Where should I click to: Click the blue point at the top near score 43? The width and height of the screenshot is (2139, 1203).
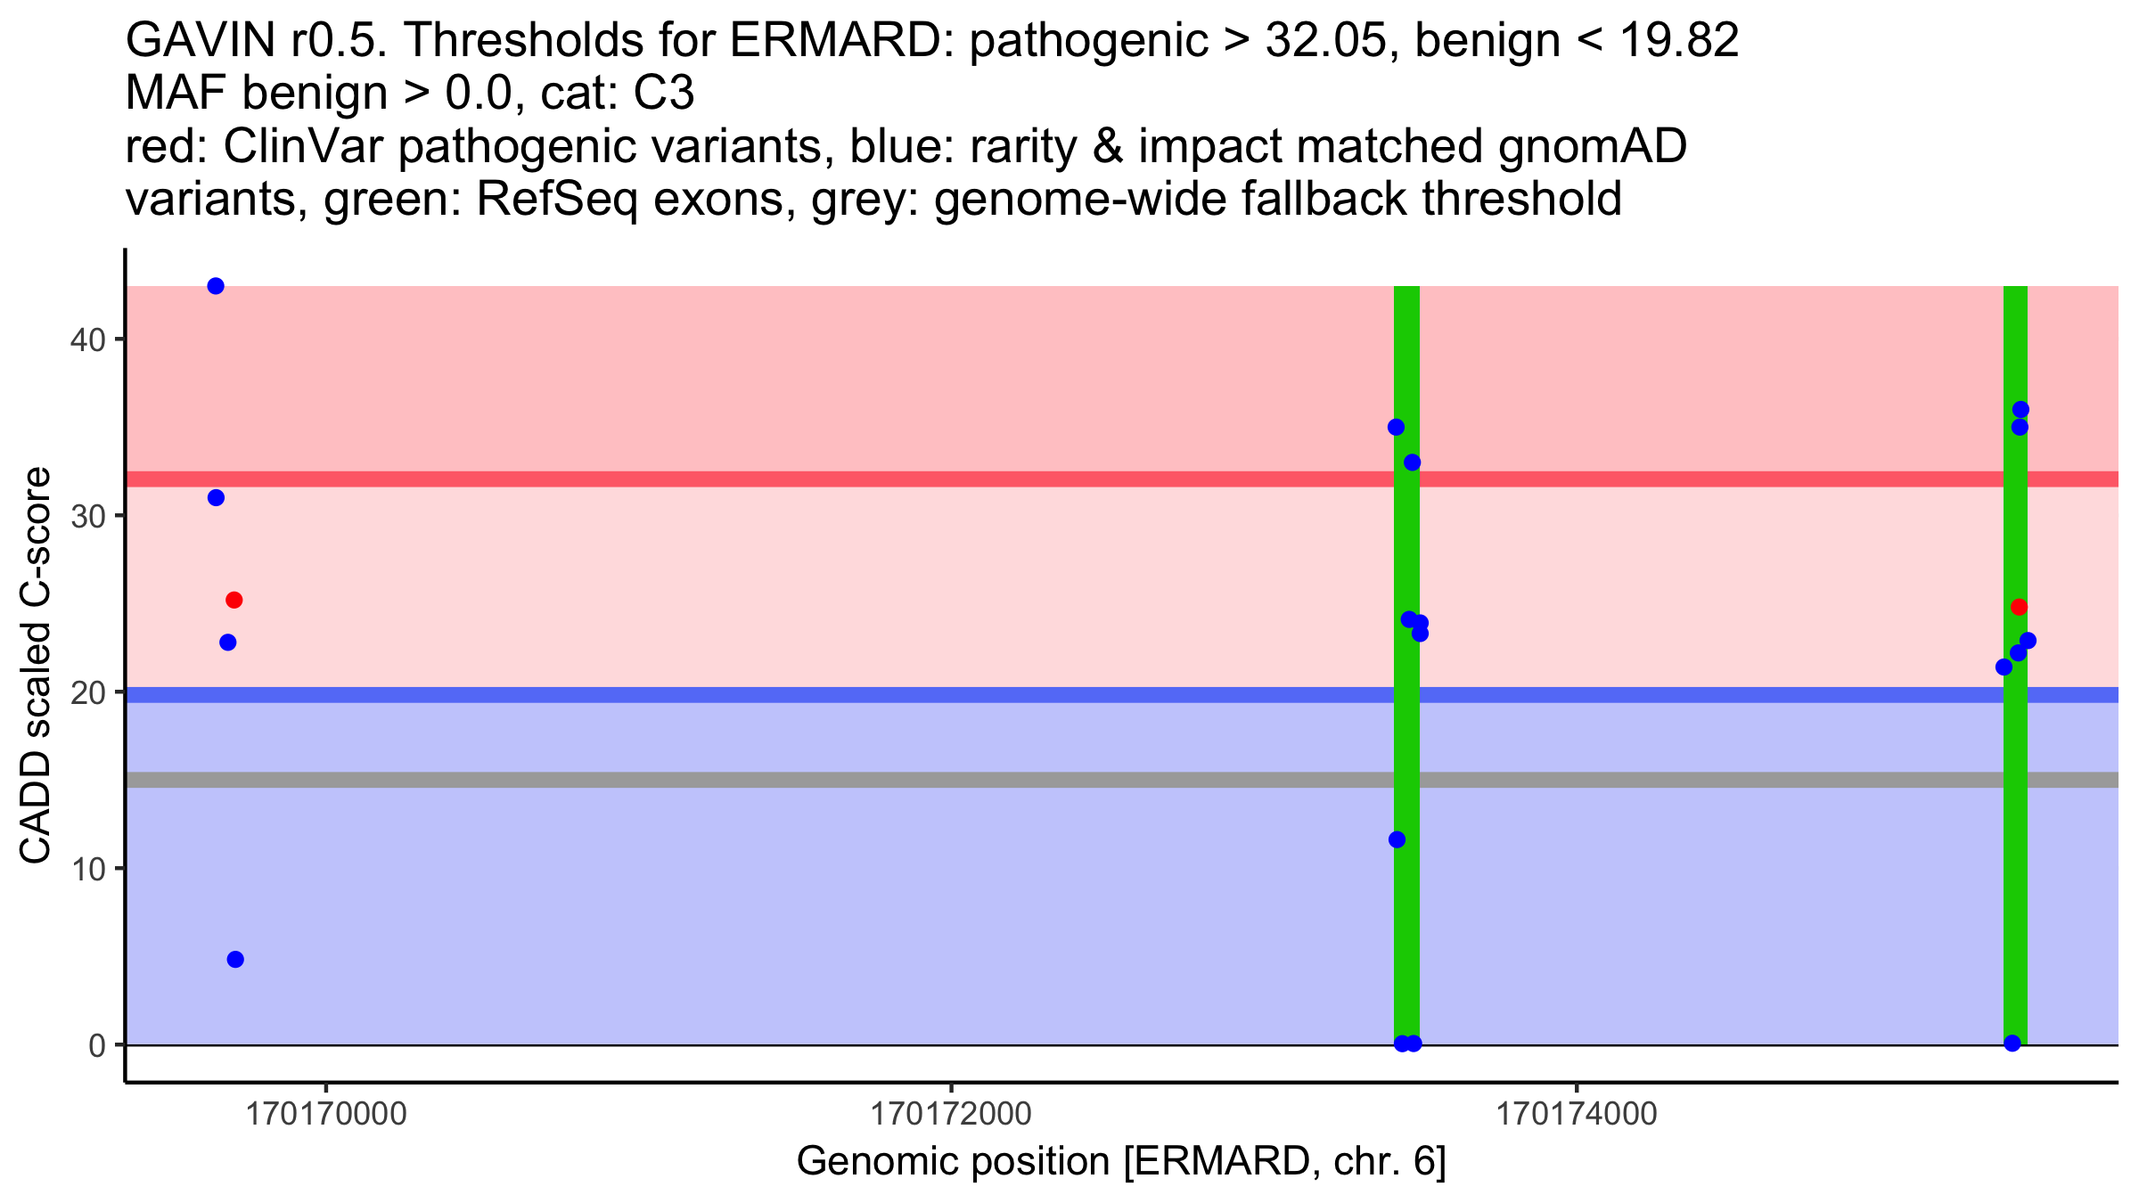pyautogui.click(x=216, y=286)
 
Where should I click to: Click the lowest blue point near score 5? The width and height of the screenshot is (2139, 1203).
pyautogui.click(x=235, y=960)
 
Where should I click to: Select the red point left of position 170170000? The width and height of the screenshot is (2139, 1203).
pyautogui.click(x=234, y=601)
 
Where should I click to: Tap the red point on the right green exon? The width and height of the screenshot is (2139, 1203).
pyautogui.click(x=2020, y=608)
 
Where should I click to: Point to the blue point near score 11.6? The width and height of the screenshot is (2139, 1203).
pyautogui.click(x=1397, y=839)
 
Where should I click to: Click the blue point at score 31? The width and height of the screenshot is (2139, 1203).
pyautogui.click(x=216, y=498)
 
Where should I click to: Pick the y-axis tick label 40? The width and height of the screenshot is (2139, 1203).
pyautogui.click(x=88, y=340)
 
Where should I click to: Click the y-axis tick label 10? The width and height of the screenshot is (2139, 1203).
pyautogui.click(x=88, y=869)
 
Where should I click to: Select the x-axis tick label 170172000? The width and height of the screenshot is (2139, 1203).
pyautogui.click(x=951, y=1114)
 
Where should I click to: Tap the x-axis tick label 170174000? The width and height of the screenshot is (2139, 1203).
pyautogui.click(x=1577, y=1114)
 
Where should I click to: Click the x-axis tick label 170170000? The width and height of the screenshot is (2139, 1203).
pyautogui.click(x=326, y=1114)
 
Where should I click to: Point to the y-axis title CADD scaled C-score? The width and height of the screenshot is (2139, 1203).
pyautogui.click(x=36, y=667)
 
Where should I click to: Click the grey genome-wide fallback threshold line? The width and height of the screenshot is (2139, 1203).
pyautogui.click(x=1122, y=781)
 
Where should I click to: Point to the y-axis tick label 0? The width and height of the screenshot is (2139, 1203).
pyautogui.click(x=97, y=1045)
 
